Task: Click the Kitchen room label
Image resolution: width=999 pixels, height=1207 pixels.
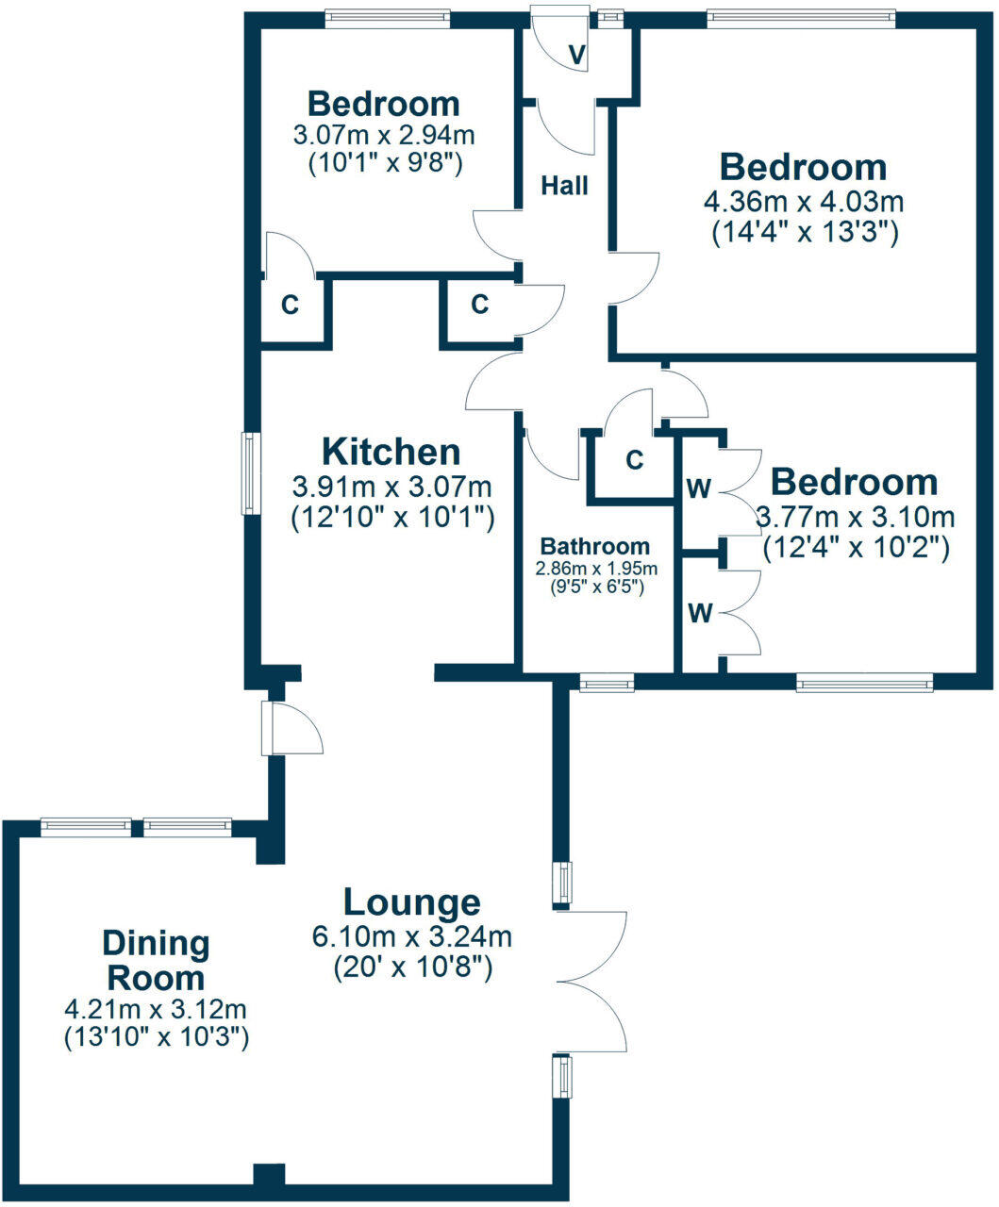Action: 391,452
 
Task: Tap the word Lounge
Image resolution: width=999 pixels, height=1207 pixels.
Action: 411,902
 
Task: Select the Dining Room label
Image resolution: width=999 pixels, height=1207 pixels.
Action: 156,959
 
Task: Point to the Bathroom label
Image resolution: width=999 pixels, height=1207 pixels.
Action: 594,546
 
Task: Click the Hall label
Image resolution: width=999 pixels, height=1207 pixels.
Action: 565,186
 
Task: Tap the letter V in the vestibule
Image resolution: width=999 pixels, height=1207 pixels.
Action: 578,55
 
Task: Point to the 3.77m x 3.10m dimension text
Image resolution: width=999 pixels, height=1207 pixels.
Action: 856,517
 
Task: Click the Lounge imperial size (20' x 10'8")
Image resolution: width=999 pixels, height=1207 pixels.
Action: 411,967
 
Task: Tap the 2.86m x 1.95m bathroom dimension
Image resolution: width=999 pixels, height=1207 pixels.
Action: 595,569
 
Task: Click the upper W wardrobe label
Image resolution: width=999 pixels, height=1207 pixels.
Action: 699,488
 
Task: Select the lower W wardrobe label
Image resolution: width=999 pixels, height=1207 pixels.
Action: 699,614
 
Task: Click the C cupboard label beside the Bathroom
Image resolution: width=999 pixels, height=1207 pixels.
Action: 635,460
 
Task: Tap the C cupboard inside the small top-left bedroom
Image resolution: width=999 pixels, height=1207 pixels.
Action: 291,306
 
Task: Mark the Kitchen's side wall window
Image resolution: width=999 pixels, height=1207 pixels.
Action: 250,473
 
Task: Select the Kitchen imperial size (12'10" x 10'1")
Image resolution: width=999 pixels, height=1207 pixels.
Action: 392,517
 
